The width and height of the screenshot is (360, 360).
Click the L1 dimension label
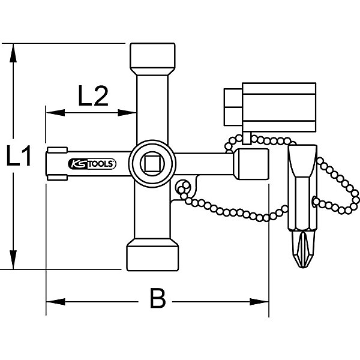(19, 155)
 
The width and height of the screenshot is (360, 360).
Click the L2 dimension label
(93, 96)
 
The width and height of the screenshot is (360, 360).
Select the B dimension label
(158, 298)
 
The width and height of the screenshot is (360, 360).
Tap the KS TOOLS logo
(92, 164)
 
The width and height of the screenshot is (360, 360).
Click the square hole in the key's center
(152, 163)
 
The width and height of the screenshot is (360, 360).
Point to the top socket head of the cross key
(152, 59)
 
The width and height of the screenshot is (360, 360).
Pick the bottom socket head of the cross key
(152, 254)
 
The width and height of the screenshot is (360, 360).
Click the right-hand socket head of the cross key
(251, 164)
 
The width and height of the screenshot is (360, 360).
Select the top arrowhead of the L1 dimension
(13, 53)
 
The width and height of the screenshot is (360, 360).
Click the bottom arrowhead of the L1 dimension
(13, 260)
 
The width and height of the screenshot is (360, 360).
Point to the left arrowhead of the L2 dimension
(55, 113)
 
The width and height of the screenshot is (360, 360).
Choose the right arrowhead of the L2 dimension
(127, 113)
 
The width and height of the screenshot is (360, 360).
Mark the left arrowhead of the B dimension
(56, 302)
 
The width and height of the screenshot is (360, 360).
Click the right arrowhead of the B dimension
(259, 302)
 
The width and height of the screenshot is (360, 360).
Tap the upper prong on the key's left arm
(57, 150)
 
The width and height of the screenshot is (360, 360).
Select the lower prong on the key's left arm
(57, 178)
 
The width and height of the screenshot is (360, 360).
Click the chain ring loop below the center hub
(183, 187)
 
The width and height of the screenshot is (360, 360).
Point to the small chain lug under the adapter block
(247, 138)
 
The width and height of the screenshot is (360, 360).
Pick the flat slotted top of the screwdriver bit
(302, 161)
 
